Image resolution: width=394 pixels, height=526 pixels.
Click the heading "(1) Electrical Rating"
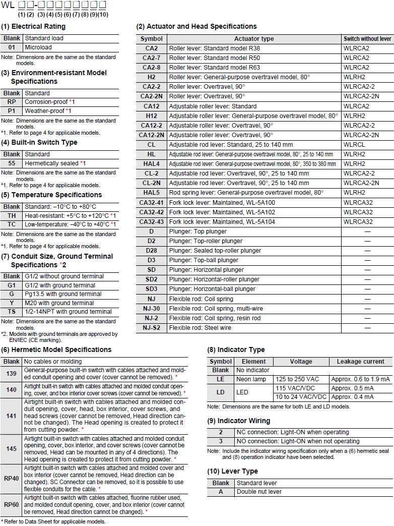[33, 26]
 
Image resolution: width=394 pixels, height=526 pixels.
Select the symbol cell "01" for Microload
[12, 47]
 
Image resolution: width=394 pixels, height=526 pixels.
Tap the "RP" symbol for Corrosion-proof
[12, 102]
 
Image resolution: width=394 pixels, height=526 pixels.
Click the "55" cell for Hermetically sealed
[12, 163]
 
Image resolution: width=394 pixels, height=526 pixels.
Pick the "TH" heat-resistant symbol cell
[12, 215]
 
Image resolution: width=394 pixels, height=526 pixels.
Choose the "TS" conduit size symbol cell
[12, 312]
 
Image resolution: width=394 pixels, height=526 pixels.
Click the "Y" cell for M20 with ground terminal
[12, 303]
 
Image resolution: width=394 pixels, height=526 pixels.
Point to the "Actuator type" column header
[254, 39]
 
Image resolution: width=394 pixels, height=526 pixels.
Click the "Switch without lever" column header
[367, 39]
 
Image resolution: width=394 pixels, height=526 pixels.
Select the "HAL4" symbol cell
[151, 164]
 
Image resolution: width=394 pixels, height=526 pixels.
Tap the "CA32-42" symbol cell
[151, 212]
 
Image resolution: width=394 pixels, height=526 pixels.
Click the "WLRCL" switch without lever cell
[354, 145]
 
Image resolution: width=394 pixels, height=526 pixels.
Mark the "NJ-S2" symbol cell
[151, 328]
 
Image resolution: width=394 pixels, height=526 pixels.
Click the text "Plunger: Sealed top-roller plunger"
[215, 251]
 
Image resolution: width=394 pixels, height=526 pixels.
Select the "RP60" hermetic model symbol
[12, 505]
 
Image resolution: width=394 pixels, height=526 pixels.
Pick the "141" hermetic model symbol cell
[12, 416]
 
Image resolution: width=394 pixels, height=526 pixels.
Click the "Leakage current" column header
[361, 362]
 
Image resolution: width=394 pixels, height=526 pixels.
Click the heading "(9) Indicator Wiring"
[239, 421]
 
